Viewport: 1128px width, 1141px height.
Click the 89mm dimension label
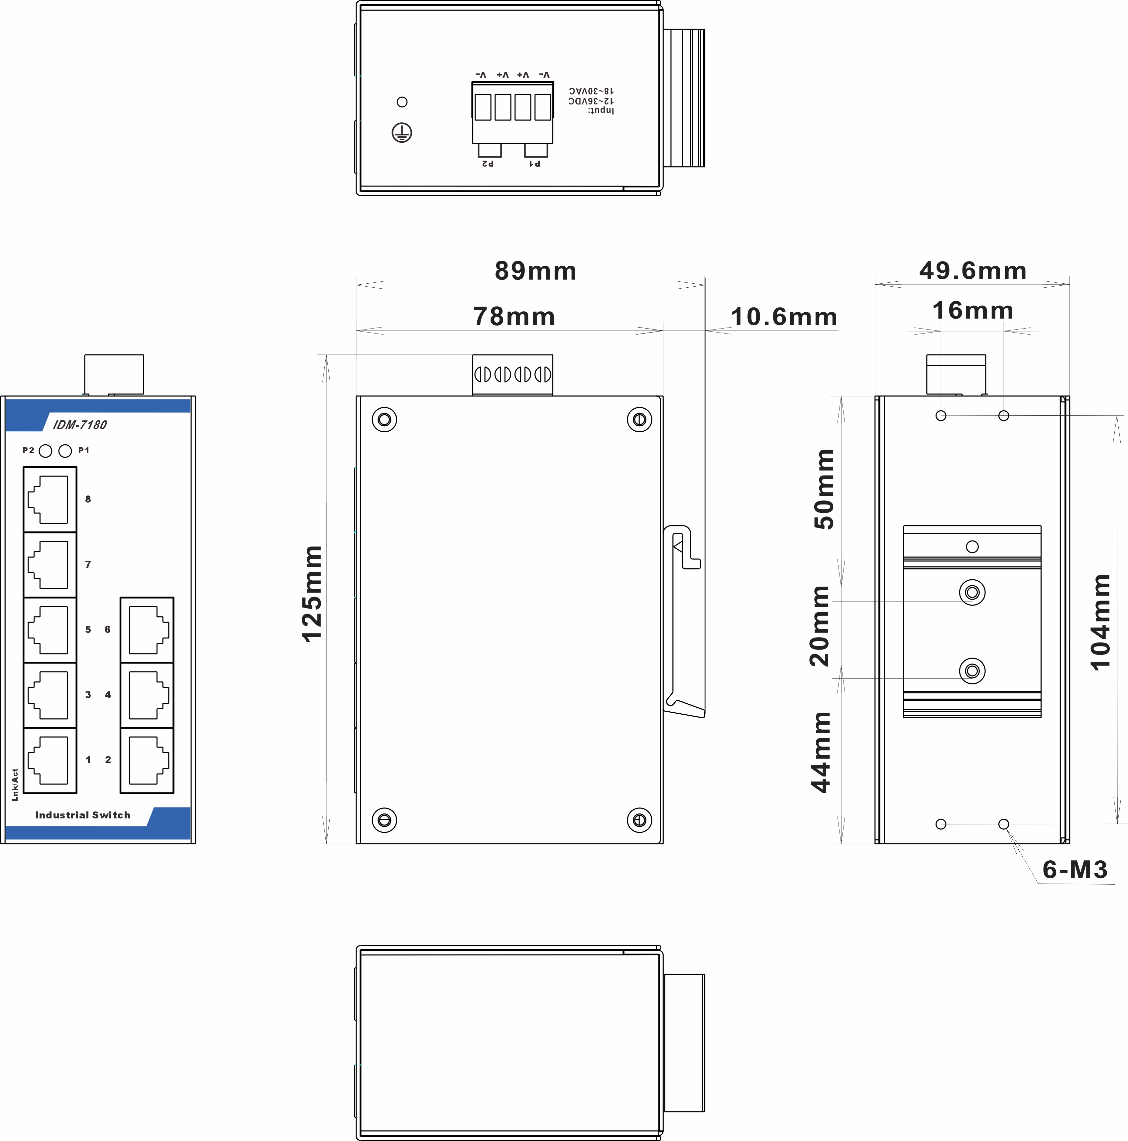point(535,271)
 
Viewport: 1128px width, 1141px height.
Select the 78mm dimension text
point(514,317)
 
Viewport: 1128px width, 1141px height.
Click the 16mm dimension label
point(973,310)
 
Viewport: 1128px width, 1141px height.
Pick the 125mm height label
point(312,594)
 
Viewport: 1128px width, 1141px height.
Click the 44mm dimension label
point(821,752)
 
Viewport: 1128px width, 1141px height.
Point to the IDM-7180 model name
point(80,425)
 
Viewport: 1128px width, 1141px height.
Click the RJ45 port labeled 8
point(50,499)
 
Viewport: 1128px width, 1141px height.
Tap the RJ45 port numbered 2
point(147,760)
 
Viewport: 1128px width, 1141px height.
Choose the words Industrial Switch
point(83,815)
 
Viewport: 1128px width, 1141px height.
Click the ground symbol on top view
point(402,133)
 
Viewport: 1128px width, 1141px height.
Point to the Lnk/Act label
point(15,784)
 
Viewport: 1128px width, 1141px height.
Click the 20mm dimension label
point(819,626)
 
